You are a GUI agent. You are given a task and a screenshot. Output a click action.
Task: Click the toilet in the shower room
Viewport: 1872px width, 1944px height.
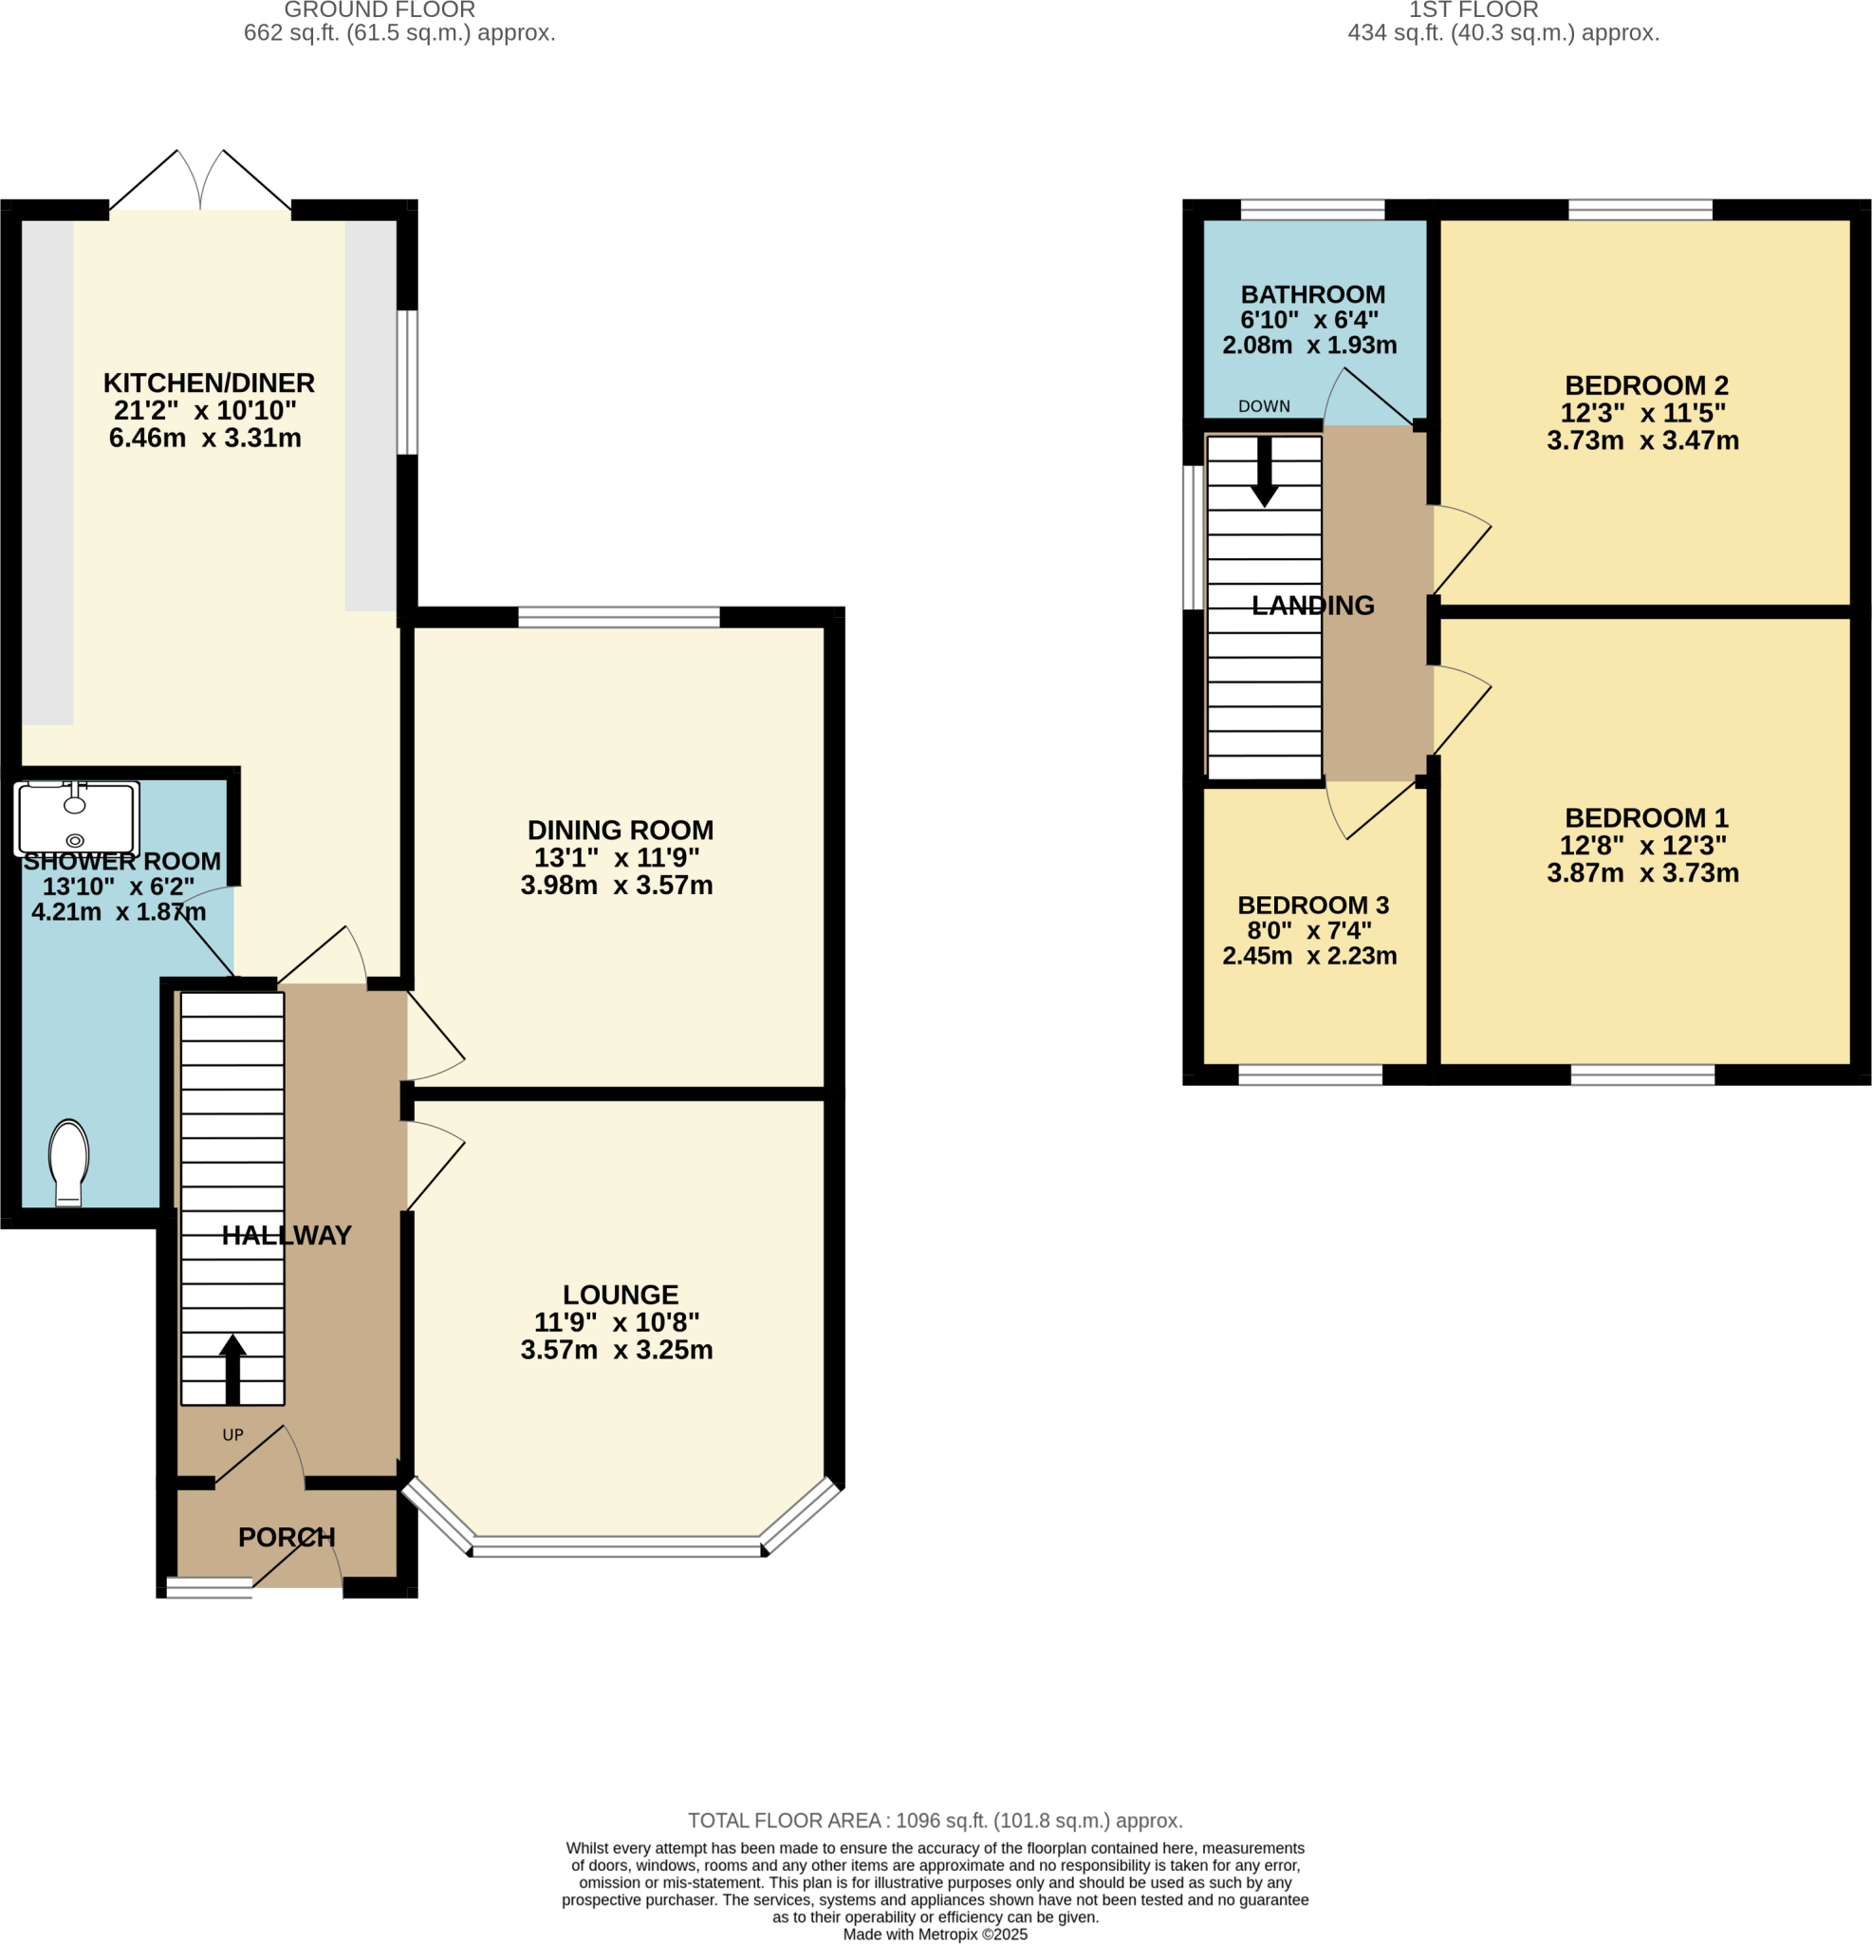68,1161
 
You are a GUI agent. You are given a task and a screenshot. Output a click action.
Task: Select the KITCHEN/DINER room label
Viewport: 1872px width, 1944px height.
208,383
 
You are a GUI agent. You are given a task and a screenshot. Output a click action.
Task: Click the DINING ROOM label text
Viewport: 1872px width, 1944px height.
620,831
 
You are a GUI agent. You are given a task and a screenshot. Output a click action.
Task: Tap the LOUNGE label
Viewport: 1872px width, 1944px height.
620,1295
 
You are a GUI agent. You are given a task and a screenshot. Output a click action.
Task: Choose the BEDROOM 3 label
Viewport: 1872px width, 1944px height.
1313,905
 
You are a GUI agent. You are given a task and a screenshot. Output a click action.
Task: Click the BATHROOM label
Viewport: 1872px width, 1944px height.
1313,294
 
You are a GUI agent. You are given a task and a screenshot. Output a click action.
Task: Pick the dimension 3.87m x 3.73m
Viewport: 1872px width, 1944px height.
1642,873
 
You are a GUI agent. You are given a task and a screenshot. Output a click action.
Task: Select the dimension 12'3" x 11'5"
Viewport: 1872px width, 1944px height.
1642,413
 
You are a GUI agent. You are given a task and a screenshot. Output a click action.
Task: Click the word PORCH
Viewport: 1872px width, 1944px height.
287,1537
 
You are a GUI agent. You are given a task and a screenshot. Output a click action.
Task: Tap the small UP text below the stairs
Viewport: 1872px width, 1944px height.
233,1434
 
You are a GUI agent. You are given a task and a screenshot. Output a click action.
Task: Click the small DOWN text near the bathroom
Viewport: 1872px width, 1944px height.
1263,406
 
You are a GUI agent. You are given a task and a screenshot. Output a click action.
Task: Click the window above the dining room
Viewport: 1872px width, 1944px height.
619,617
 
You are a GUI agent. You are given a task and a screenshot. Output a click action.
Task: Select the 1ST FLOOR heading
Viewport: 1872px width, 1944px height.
1474,9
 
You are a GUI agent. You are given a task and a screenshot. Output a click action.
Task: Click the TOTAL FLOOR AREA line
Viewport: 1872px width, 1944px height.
935,1820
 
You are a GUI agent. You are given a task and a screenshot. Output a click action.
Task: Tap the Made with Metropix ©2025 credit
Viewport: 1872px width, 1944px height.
935,1935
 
